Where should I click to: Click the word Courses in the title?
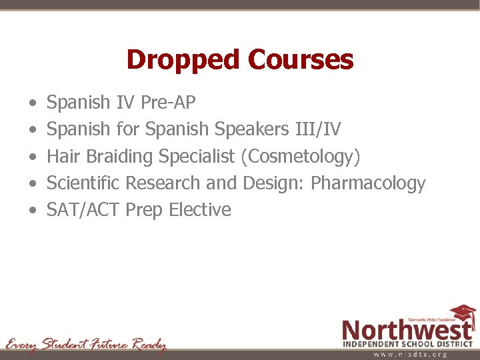[300, 60]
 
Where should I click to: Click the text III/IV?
[317, 129]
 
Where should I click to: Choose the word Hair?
[64, 157]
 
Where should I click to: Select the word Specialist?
[197, 157]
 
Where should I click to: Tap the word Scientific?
[84, 183]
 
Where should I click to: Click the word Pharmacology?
[368, 183]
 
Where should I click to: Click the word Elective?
[200, 210]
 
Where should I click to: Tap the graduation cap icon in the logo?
[462, 313]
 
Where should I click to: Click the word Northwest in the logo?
[407, 329]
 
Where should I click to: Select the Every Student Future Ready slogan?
[85, 344]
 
